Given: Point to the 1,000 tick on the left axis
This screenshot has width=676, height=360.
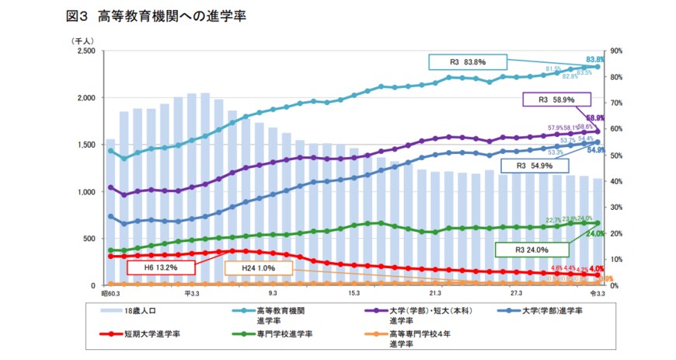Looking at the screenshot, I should [x=85, y=192].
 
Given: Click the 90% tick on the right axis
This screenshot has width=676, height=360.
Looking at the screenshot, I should [x=619, y=51].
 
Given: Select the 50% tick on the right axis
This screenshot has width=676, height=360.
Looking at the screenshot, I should [x=619, y=156].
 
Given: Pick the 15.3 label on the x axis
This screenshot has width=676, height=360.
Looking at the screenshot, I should [x=354, y=295].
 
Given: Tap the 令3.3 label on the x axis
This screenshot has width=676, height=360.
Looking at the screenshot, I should [x=598, y=295].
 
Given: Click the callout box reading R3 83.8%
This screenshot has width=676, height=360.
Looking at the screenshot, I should [x=467, y=63].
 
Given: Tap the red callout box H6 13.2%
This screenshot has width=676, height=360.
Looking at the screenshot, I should [x=162, y=267].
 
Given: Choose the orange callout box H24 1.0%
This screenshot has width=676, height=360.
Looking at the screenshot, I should [x=259, y=267].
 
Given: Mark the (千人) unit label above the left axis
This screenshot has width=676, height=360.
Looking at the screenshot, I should [x=82, y=40].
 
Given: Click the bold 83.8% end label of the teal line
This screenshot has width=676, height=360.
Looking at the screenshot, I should [x=595, y=59].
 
